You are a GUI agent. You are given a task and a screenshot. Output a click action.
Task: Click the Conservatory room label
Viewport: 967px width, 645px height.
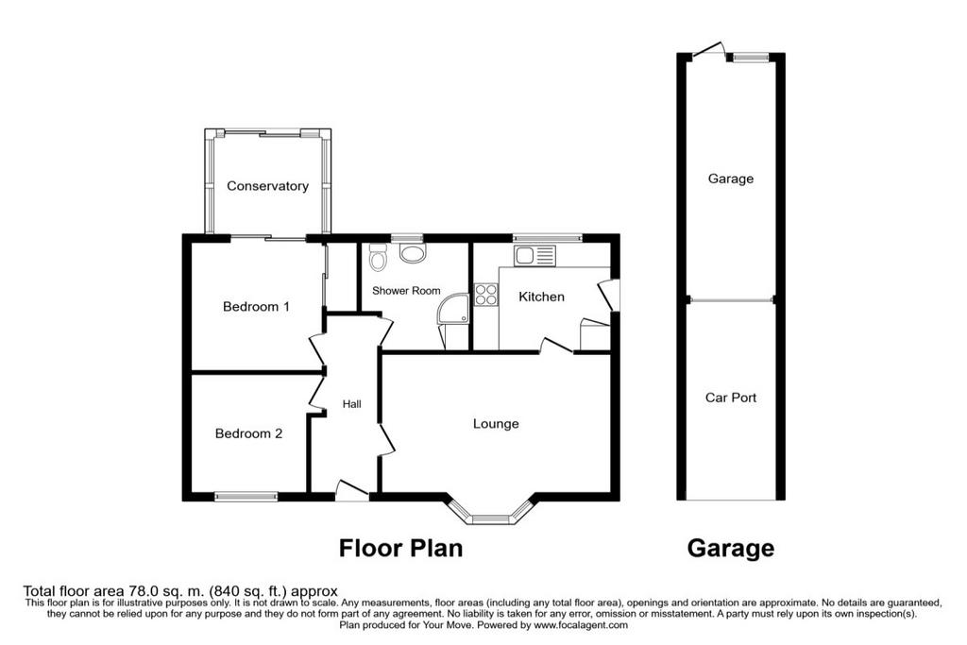(267, 186)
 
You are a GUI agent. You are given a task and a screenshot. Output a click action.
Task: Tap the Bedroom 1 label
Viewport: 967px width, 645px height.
(256, 307)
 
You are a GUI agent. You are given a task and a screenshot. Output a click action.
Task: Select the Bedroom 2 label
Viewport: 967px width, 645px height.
(248, 433)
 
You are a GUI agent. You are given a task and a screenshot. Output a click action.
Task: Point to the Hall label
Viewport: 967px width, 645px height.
(352, 404)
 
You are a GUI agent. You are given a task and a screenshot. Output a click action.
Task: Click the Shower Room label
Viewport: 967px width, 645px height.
(406, 291)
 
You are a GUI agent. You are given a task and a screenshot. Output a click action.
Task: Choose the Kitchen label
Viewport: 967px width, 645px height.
(541, 297)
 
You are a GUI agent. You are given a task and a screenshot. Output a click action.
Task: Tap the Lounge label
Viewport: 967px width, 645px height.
(496, 424)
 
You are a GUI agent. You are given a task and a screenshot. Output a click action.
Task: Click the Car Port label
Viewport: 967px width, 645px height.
(731, 398)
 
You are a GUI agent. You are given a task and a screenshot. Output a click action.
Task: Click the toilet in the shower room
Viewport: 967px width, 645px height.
(378, 257)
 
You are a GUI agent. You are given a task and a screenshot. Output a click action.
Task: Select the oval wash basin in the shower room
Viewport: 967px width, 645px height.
(413, 253)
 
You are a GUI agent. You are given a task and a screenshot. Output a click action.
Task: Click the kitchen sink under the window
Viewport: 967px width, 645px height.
(534, 255)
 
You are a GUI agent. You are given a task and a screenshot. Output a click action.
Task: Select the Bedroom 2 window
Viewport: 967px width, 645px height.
(246, 497)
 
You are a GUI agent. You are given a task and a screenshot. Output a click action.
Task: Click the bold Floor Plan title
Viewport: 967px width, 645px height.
(400, 548)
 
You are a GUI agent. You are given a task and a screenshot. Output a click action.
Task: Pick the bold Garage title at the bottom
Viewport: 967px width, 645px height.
(731, 548)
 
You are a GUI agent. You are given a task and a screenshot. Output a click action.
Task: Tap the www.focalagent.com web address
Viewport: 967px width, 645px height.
(581, 624)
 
